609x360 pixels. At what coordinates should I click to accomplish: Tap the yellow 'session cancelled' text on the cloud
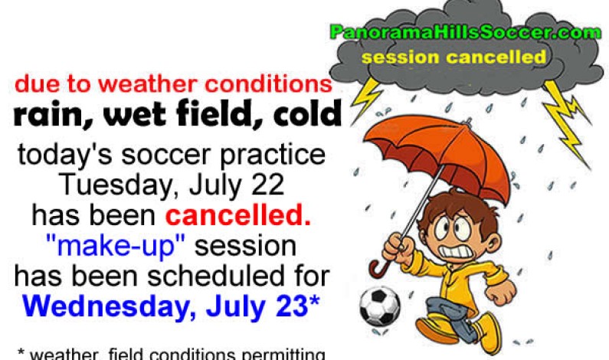pos(454,57)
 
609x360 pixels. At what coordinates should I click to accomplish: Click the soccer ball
pos(380,305)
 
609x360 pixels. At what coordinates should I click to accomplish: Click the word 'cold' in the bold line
pos(306,115)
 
